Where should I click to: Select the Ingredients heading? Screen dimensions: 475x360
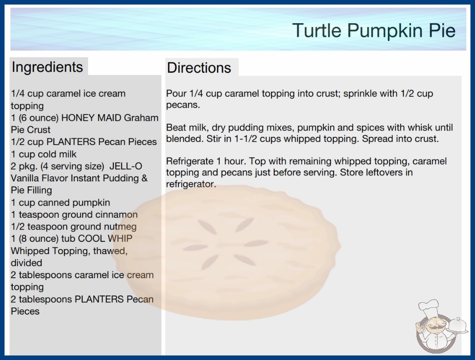(x=47, y=67)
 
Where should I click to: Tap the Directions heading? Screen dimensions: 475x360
(x=199, y=68)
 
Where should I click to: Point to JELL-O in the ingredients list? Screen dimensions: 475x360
(x=126, y=166)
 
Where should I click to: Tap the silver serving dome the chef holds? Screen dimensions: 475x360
(x=457, y=325)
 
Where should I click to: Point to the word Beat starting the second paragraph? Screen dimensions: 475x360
(x=176, y=127)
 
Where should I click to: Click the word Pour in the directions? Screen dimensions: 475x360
(x=176, y=94)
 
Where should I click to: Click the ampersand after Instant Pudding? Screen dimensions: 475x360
(x=144, y=178)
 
